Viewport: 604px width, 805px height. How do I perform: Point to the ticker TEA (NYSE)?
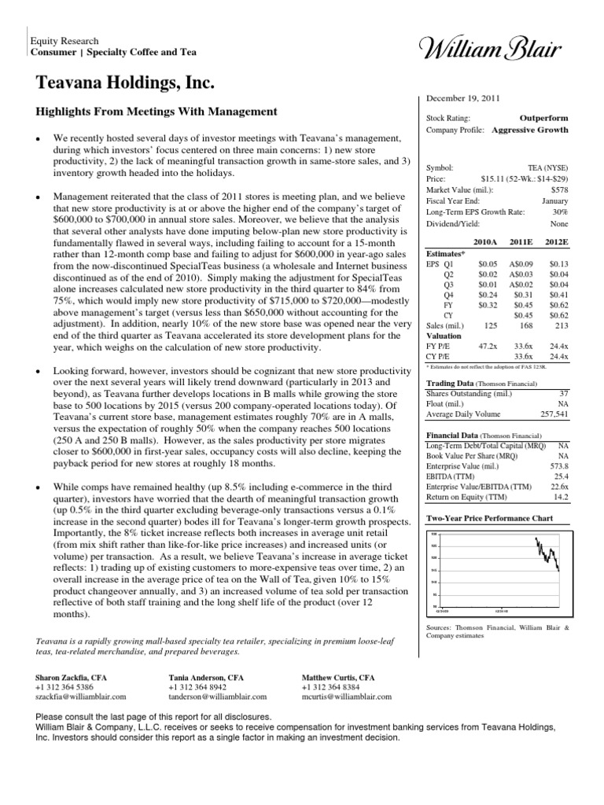pyautogui.click(x=548, y=168)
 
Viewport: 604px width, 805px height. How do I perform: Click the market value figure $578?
pyautogui.click(x=558, y=190)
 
